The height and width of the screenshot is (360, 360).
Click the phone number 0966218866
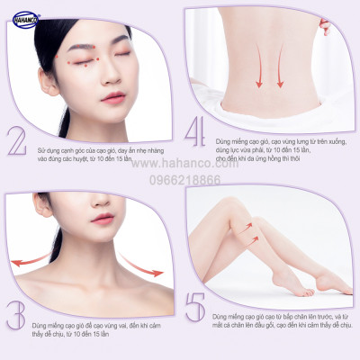click(187, 180)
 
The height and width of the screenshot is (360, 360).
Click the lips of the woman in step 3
click(103, 219)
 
